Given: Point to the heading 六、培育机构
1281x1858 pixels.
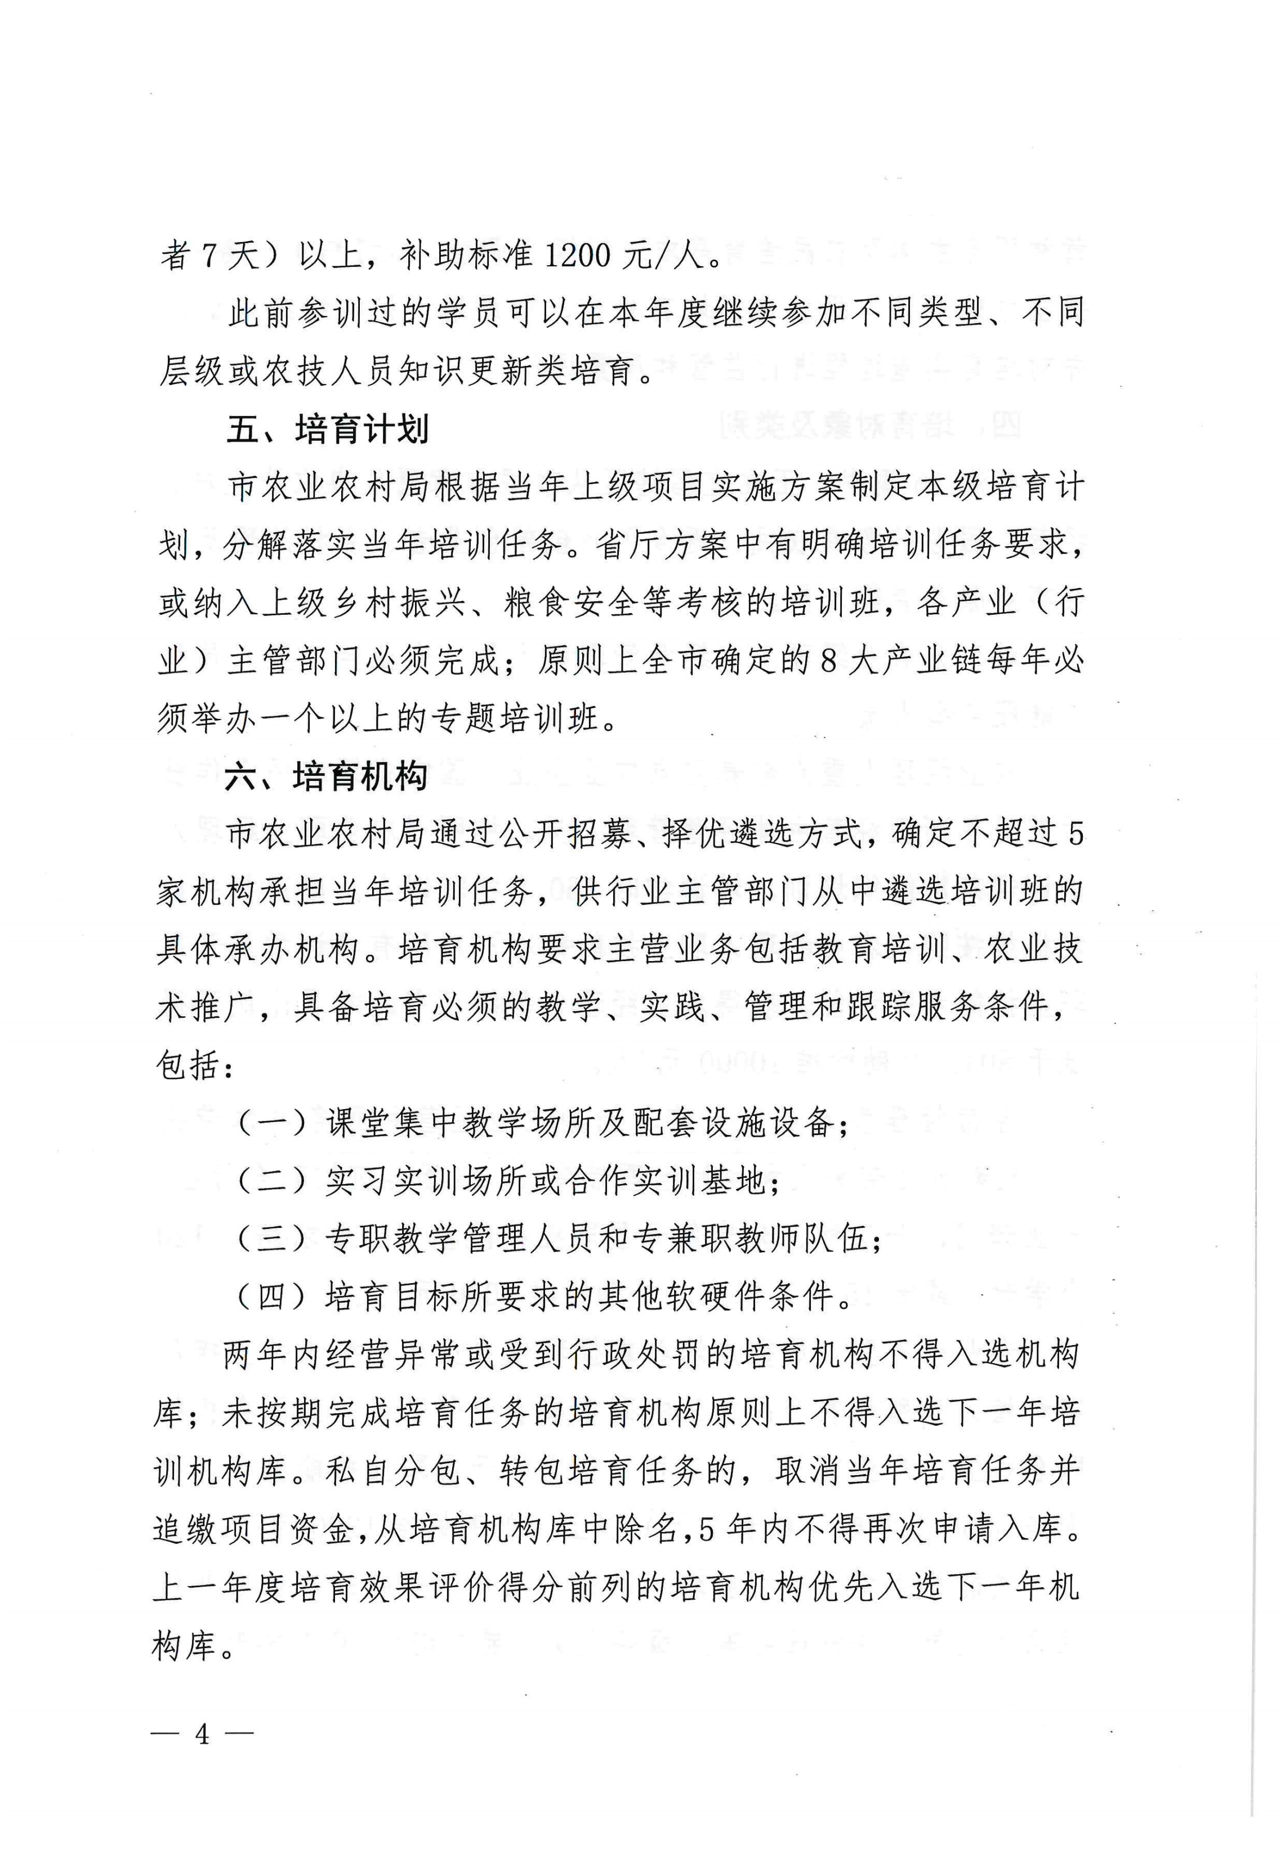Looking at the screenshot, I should pyautogui.click(x=326, y=777).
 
